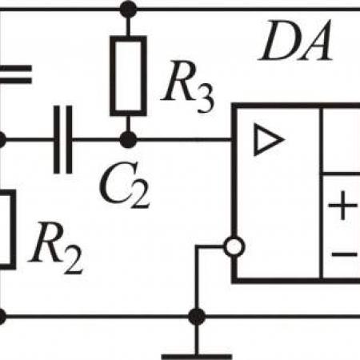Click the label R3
point(188,86)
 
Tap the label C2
point(125,185)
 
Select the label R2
point(56,249)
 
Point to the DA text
point(295,40)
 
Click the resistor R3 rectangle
point(128,76)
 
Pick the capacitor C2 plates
point(63,140)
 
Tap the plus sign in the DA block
point(342,206)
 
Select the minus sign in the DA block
point(344,254)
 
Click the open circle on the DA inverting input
point(234,246)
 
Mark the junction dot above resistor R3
point(128,10)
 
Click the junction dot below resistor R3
point(128,140)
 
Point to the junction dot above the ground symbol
point(197,317)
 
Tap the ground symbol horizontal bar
point(197,357)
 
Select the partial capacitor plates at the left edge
point(16,74)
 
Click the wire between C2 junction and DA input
point(184,139)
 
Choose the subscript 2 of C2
point(140,194)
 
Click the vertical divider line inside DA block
point(322,194)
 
